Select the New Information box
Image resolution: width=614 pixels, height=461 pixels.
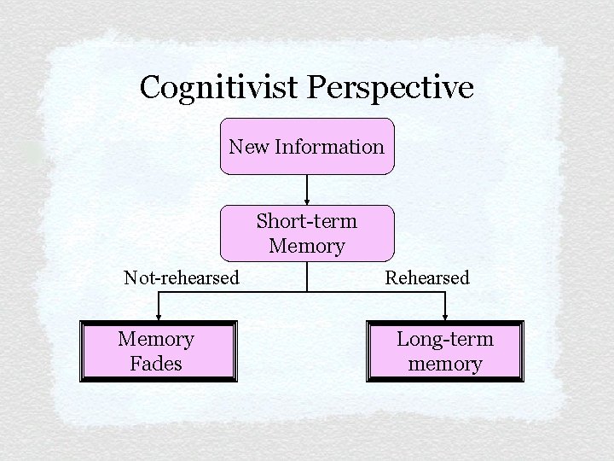[x=307, y=146]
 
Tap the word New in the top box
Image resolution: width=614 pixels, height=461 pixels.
[x=248, y=147]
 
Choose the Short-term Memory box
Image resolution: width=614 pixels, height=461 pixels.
[x=307, y=233]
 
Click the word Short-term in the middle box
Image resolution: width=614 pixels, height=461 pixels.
[x=307, y=221]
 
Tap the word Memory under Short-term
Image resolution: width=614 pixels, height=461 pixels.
[x=307, y=247]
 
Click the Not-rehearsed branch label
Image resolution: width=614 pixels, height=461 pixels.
[x=182, y=277]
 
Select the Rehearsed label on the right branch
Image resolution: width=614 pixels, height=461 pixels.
[x=427, y=277]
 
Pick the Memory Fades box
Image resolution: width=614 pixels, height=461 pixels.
[x=158, y=351]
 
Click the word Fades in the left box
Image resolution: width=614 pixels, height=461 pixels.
[x=156, y=364]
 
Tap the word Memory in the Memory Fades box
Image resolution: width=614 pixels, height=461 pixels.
[x=156, y=339]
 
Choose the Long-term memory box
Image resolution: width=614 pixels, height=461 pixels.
[x=445, y=351]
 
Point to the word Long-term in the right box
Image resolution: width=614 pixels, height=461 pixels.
[x=445, y=339]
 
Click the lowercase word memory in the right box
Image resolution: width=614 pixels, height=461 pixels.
[x=445, y=364]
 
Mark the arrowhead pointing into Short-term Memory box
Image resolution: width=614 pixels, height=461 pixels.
[x=307, y=202]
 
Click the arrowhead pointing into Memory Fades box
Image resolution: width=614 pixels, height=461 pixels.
[x=158, y=318]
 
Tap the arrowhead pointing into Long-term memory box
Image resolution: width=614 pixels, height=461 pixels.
[x=445, y=318]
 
